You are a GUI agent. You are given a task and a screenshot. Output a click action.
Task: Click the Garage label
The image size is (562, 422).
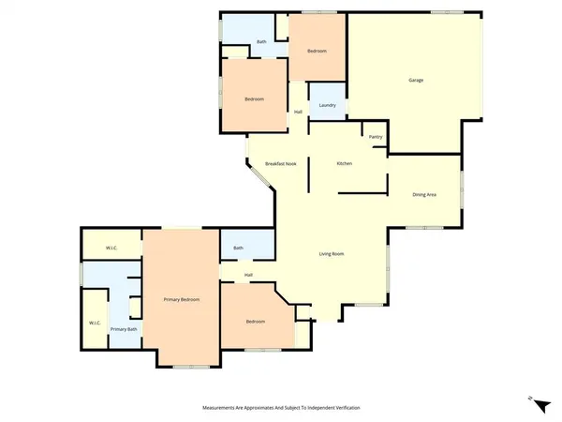(x=416, y=80)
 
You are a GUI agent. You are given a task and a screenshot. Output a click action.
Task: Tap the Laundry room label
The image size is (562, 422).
(x=327, y=104)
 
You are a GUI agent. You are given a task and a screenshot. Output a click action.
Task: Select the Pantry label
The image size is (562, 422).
(x=376, y=137)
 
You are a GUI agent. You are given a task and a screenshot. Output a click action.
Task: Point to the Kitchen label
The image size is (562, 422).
(x=344, y=164)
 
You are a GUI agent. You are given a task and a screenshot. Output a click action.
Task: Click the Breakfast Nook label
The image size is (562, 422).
(x=280, y=164)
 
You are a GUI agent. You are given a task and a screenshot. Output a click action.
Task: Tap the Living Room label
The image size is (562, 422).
(x=333, y=253)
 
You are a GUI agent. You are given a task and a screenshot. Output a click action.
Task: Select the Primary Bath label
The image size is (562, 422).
(x=124, y=329)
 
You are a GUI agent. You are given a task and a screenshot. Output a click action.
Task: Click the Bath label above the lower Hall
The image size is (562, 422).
(x=238, y=248)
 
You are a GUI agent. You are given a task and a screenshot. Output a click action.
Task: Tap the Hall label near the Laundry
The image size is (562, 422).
(x=298, y=113)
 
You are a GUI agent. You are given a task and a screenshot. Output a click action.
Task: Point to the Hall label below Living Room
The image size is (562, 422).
(x=248, y=275)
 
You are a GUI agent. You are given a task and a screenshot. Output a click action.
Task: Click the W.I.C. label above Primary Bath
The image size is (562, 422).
(x=111, y=248)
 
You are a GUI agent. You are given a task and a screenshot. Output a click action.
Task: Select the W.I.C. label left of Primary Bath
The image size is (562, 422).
(x=95, y=324)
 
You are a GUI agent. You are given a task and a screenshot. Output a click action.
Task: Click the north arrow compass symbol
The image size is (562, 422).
(x=530, y=400)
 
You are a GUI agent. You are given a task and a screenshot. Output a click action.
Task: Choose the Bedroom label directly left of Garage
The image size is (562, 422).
(x=317, y=51)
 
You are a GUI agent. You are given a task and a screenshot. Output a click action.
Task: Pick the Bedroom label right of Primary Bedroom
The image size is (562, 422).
(x=256, y=322)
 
